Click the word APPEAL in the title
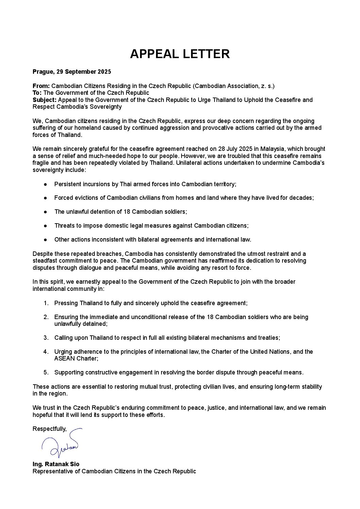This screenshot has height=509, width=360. coord(156,54)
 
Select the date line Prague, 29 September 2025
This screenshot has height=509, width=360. coord(72,72)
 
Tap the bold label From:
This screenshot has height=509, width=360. coord(41,86)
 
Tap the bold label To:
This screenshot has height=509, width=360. coord(37,93)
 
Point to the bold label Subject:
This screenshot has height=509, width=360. coord(45,100)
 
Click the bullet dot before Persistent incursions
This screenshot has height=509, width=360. coord(45,184)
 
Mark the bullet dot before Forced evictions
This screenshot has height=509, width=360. coord(45,198)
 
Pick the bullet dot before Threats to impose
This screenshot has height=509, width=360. coord(45,226)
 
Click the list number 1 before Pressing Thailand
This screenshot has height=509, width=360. coord(46,303)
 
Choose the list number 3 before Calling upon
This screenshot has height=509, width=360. coord(46,338)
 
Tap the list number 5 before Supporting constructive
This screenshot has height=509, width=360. coord(46,372)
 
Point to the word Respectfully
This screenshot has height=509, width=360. coord(49,429)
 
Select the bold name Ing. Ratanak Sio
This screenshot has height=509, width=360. coord(56,464)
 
